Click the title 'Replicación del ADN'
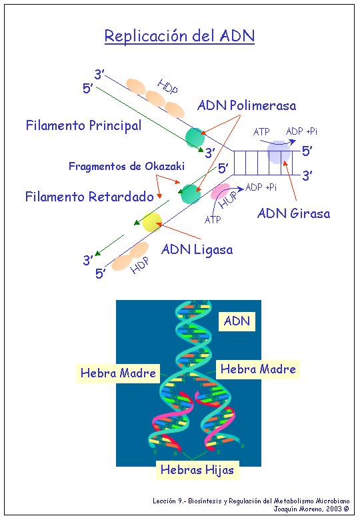(179, 36)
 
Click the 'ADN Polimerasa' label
(247, 105)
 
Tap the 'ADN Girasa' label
(294, 213)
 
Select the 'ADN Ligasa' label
(197, 249)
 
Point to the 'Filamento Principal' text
(83, 125)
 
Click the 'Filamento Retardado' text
(89, 197)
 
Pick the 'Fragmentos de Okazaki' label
(127, 166)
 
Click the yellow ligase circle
(152, 222)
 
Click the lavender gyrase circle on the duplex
(279, 152)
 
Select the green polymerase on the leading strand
(194, 137)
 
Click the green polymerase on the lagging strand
(191, 194)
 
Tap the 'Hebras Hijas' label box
(197, 470)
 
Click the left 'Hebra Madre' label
(118, 373)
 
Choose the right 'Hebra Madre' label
(258, 369)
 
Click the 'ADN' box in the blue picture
(237, 321)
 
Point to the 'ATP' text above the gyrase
(261, 132)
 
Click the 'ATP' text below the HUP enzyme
(213, 220)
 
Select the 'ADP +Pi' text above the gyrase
(301, 131)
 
